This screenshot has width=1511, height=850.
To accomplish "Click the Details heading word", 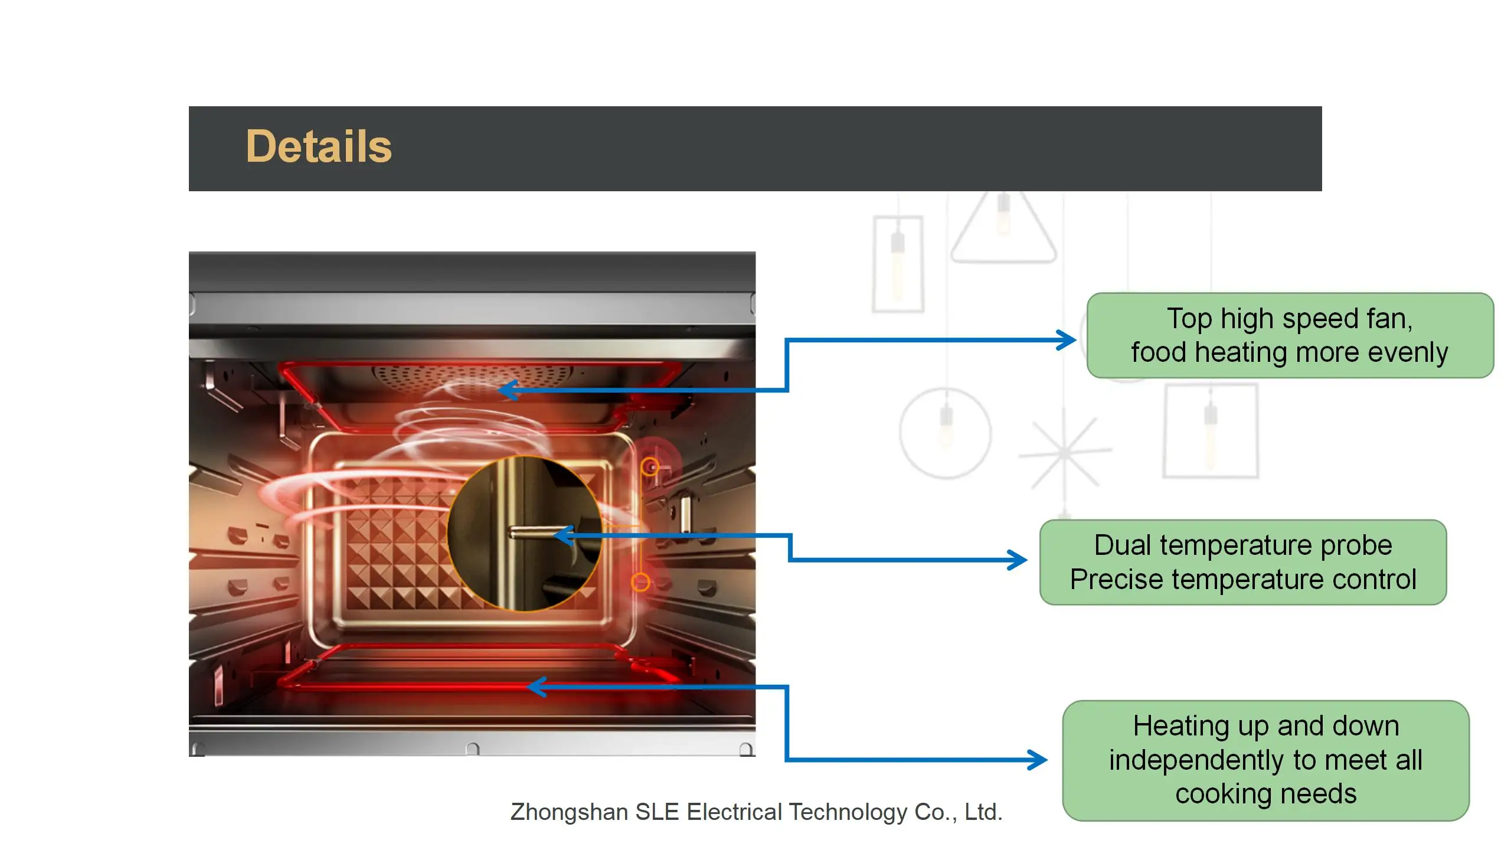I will click(x=319, y=146).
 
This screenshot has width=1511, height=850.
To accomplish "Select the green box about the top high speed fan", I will click(x=1290, y=335).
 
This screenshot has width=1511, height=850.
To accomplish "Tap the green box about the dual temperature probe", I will click(x=1242, y=562).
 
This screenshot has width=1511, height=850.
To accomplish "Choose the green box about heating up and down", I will click(x=1265, y=760).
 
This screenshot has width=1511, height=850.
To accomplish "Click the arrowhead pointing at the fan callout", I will click(x=1067, y=340).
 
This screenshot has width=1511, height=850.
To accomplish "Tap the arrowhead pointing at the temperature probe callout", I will click(x=1018, y=560).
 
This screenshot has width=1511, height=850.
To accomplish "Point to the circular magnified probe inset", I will click(x=524, y=534).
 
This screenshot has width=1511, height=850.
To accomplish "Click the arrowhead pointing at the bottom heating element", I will click(x=534, y=687).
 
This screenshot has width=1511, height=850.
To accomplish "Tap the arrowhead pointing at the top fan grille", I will click(x=506, y=390).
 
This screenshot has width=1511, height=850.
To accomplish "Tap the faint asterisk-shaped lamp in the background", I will click(x=1065, y=452).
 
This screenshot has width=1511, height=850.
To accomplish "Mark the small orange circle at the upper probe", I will click(x=650, y=467).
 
